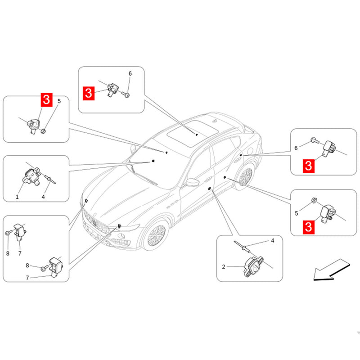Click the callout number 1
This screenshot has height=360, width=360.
pos(17,197)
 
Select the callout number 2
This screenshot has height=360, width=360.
pos(224,267)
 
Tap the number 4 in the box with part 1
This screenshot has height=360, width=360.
pos(44,197)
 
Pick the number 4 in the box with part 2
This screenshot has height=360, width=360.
pos(272,241)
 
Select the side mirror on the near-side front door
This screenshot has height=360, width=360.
pos(193,182)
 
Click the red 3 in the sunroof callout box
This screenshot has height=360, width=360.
pos(89,93)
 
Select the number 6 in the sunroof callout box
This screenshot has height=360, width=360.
pos(130,73)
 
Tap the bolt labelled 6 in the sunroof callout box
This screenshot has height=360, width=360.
pos(127,95)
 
